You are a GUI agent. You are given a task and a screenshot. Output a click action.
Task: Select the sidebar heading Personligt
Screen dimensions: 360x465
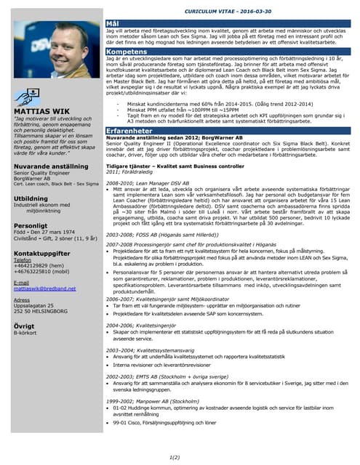[x=31, y=227]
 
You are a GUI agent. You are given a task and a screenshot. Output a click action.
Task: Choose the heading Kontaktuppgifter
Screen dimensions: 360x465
[x=41, y=253]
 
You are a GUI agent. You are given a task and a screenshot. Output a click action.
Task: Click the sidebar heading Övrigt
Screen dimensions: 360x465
[x=25, y=326]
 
